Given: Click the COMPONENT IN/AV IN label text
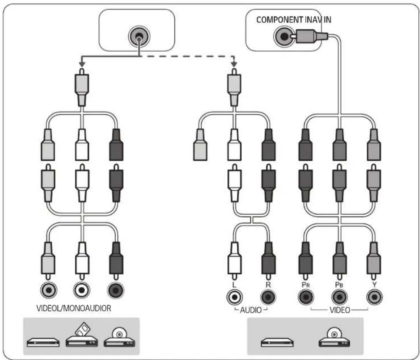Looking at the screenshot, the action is (x=293, y=19).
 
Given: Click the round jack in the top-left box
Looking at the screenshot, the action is (x=139, y=36).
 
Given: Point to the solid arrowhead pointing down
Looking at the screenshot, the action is (x=82, y=64).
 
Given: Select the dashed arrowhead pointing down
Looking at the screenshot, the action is (x=234, y=64).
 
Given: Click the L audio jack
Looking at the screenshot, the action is (x=235, y=297).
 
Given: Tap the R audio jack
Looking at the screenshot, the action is (x=268, y=297).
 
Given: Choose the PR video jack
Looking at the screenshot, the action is (x=306, y=297).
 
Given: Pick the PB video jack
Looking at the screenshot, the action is (x=340, y=297).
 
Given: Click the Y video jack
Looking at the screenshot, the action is (x=374, y=297).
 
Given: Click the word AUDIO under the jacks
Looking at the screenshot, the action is (x=251, y=310).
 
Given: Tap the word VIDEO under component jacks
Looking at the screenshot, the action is (x=340, y=310).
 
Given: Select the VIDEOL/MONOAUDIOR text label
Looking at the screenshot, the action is (x=74, y=308).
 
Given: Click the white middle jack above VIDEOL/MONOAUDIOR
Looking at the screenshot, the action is (x=82, y=290).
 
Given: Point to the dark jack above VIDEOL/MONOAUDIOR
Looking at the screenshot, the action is (x=116, y=290).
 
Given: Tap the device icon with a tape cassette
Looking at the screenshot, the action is (x=82, y=335).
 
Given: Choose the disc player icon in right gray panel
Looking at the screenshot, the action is (x=334, y=337).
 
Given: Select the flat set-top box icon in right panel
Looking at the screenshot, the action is (x=277, y=342).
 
